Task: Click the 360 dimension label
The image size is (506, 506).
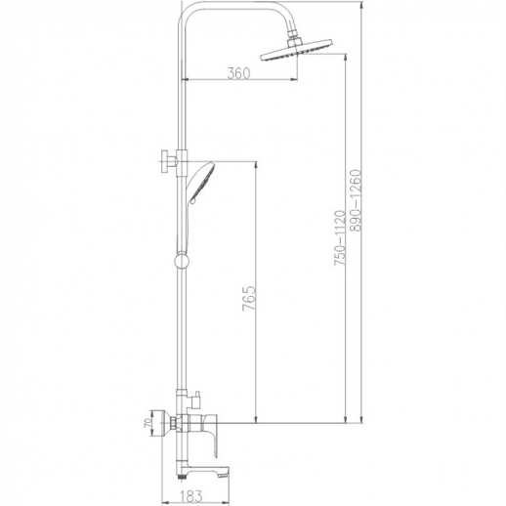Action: click(x=238, y=73)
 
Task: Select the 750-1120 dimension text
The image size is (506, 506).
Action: click(x=339, y=238)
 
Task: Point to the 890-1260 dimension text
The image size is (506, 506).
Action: click(x=356, y=200)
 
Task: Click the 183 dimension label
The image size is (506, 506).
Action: click(x=190, y=496)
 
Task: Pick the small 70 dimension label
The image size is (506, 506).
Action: click(x=148, y=423)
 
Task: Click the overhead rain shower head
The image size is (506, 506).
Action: click(x=297, y=50)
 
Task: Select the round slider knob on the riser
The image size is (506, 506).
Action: click(x=182, y=261)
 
